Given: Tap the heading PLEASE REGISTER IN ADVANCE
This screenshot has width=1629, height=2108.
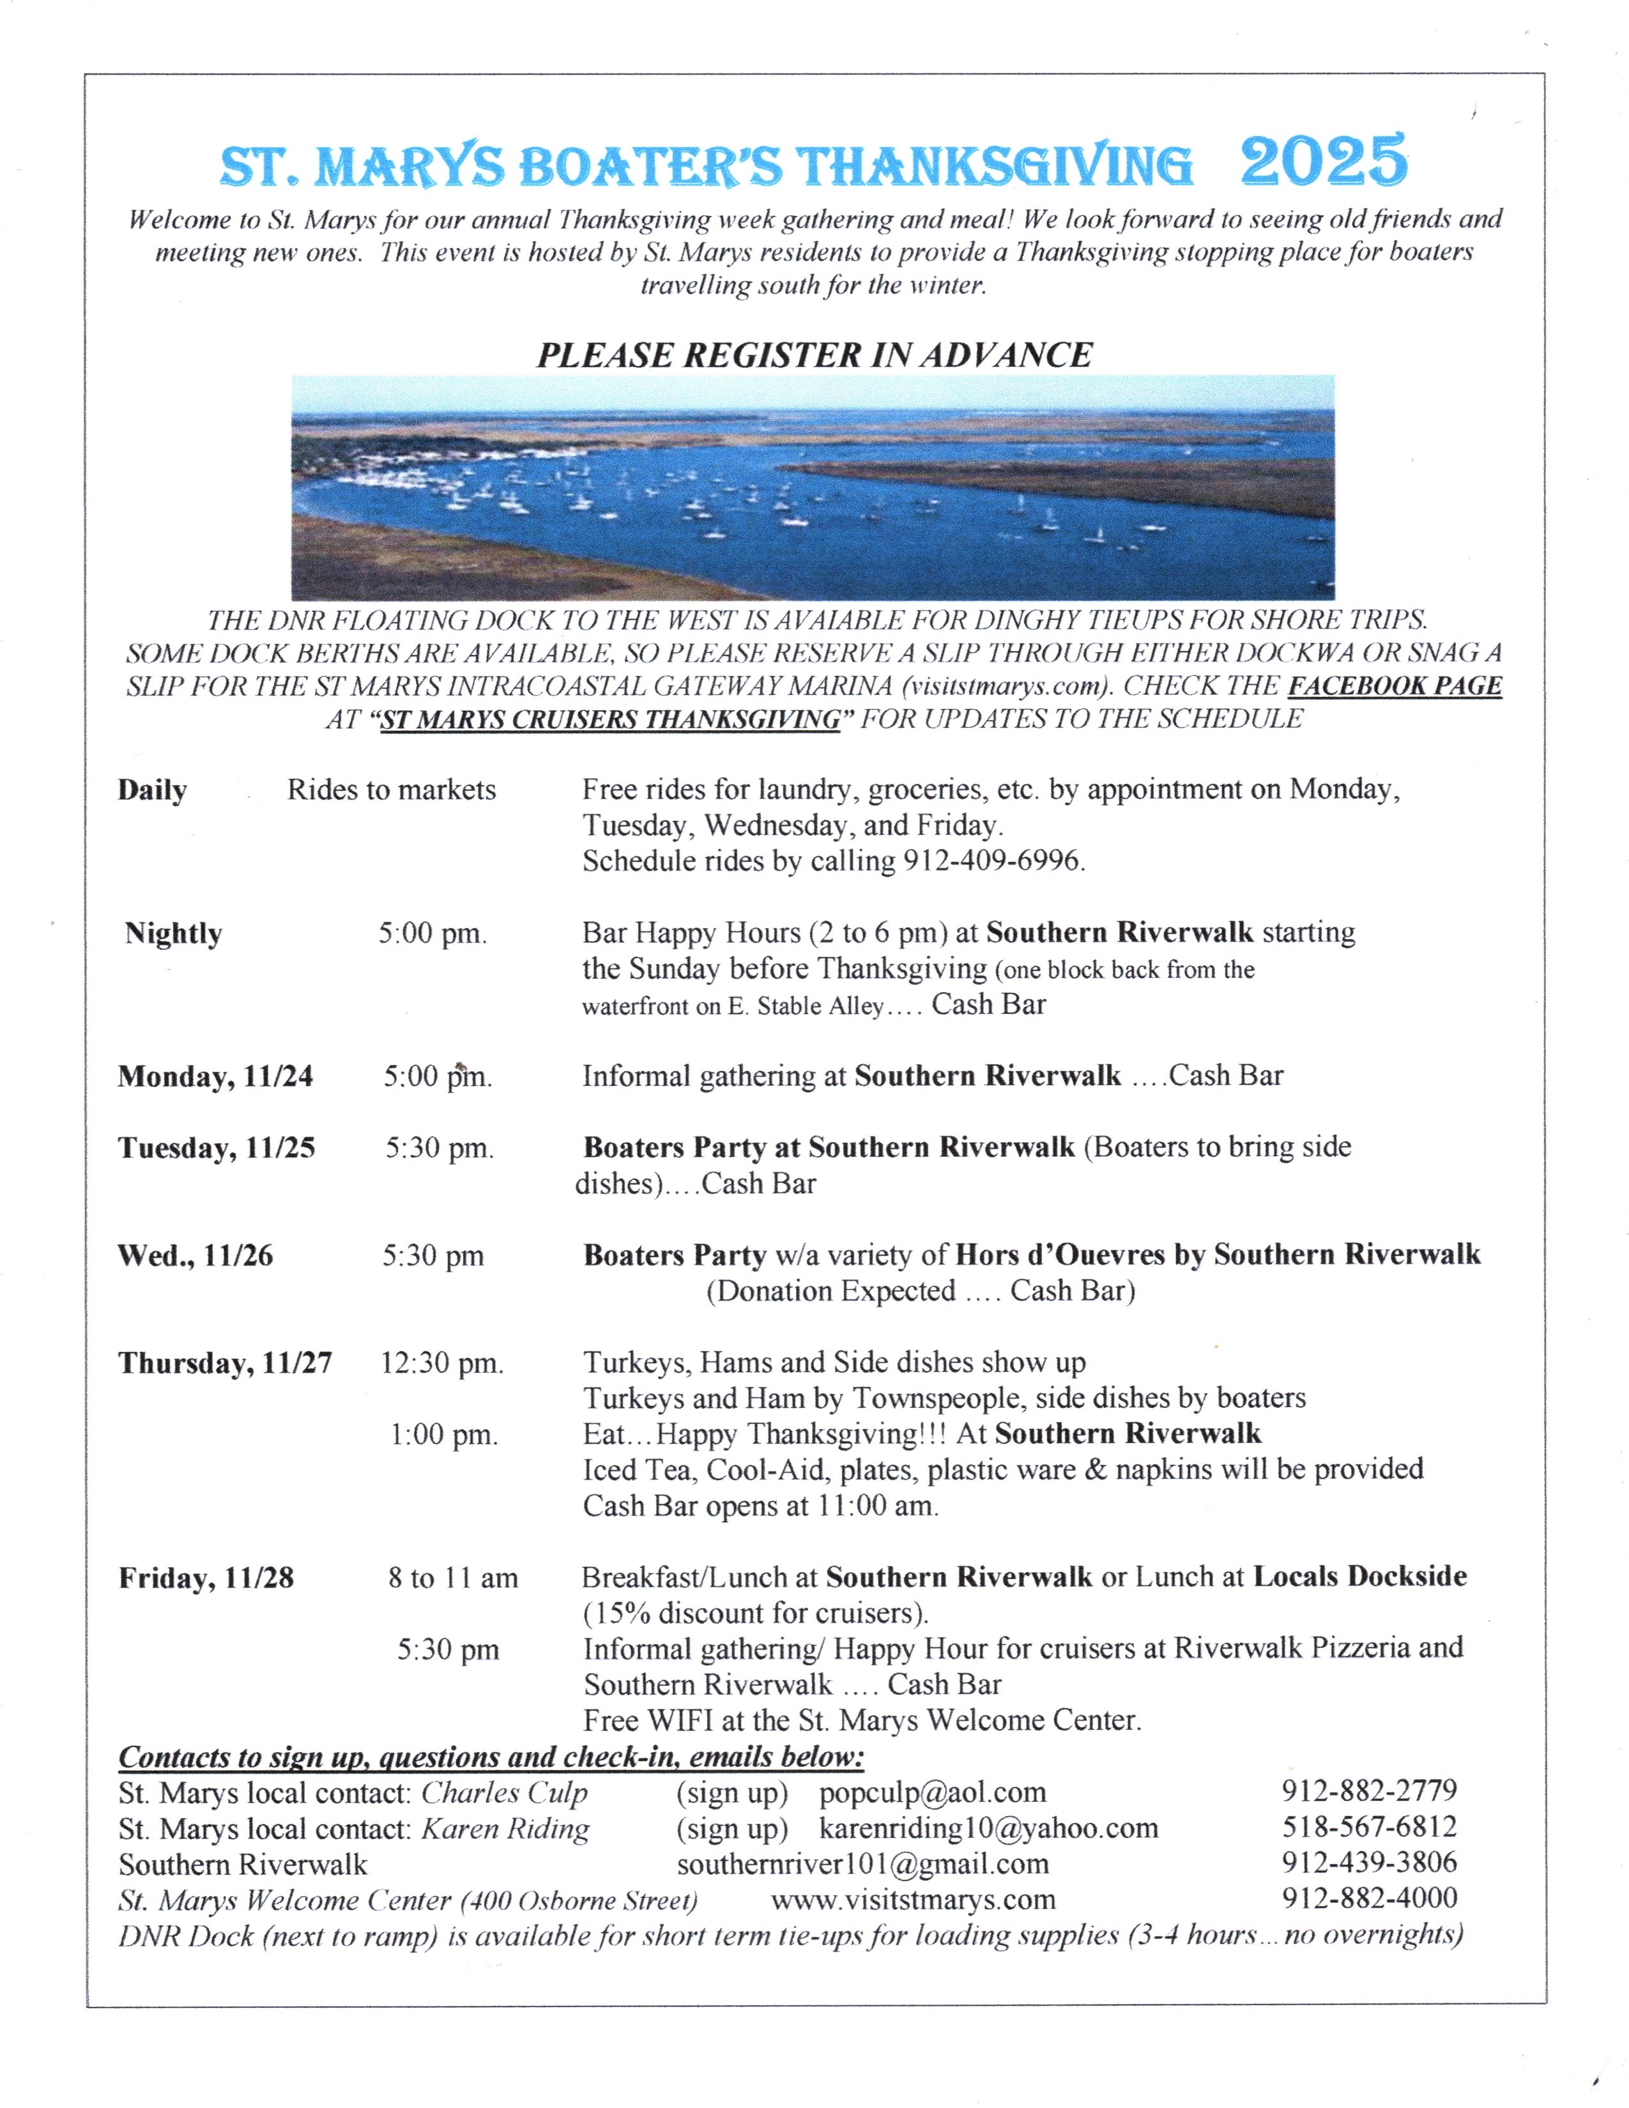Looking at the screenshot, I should coord(814,355).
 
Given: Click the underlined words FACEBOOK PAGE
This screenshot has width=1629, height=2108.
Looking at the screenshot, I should coord(1395,685).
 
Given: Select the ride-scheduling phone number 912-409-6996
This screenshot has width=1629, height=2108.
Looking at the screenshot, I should coord(992,861).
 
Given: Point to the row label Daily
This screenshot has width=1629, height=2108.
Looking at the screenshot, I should coord(153,791).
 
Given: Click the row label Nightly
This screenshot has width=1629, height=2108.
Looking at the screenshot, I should coord(174,933).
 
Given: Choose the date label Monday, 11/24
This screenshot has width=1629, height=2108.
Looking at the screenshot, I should coord(215,1076).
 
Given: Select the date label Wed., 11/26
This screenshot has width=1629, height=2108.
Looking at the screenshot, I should coord(195,1256).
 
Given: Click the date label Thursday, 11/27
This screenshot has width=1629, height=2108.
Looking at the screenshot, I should coord(225,1363).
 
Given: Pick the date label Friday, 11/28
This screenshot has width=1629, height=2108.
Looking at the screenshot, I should coord(206,1578).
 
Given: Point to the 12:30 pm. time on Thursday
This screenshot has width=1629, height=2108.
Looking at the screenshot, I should coord(442,1363).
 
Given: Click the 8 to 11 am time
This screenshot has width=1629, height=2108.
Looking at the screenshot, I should coord(453,1578).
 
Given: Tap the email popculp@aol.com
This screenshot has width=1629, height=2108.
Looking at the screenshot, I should coord(932,1792).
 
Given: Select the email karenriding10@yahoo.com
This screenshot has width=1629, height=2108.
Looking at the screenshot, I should coord(988,1828).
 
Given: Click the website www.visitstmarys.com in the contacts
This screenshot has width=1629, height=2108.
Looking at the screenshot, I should coord(913,1900).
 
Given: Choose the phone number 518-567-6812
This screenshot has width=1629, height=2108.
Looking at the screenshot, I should coord(1368,1827).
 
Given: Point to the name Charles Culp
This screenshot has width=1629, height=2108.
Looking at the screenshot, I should coord(505,1792).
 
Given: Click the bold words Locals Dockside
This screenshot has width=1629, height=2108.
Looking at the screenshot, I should coord(1360,1576).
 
